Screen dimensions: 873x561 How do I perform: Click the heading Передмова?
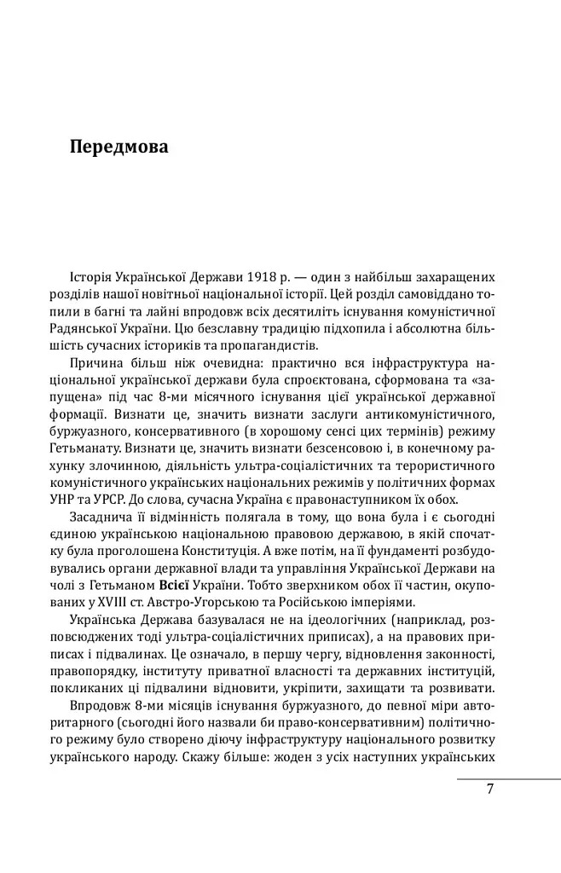pos(119,147)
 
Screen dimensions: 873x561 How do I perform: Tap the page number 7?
pos(490,789)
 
